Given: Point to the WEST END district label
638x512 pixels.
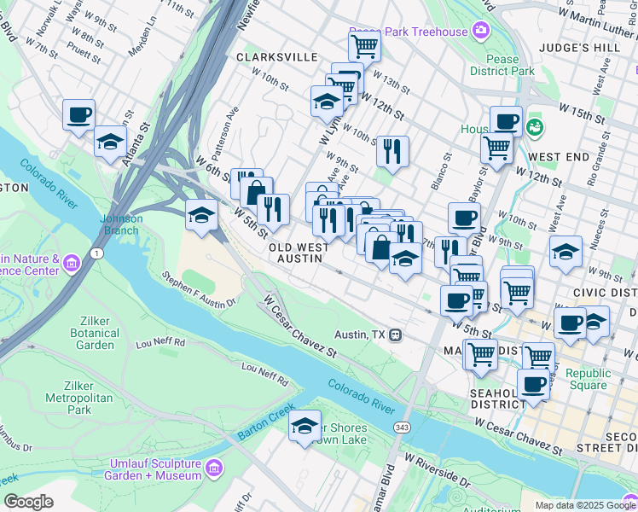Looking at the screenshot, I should point(559,158).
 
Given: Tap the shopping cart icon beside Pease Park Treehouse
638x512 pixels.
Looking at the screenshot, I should point(364,46).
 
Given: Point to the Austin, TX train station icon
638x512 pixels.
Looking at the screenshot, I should point(395,335).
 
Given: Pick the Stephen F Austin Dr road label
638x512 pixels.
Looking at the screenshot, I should point(198,288).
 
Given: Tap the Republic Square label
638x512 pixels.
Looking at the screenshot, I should point(589,379).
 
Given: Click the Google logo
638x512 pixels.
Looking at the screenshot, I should point(28,502).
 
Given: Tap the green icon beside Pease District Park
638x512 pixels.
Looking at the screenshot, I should point(536,127).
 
